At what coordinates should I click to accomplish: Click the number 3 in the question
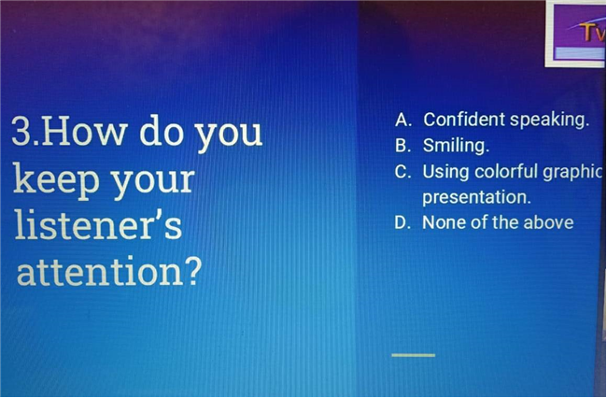pos(22,132)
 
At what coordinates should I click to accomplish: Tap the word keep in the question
pos(57,179)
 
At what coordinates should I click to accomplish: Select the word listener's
pos(98,224)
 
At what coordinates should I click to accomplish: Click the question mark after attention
pos(191,270)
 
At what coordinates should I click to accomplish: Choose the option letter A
pos(403,120)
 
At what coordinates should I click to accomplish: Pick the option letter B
pos(402,146)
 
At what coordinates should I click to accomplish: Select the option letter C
pos(402,172)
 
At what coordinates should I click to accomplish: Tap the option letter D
pos(402,222)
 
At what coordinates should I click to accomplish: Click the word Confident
pos(464,120)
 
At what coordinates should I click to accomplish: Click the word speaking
pos(549,120)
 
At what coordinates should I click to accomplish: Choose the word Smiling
pos(456,146)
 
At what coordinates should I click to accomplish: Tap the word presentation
pos(476,197)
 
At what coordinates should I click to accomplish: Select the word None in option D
pos(442,222)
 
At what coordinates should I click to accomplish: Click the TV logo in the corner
pos(576,34)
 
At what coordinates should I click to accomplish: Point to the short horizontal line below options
pos(414,355)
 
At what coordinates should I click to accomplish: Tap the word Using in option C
pos(446,172)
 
